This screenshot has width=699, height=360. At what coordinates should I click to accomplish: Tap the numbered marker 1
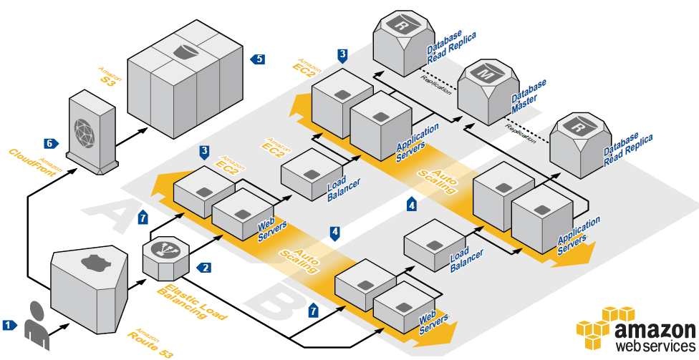click(9, 324)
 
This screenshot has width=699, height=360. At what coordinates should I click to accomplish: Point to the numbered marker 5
click(258, 59)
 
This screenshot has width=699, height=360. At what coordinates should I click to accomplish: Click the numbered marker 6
click(50, 143)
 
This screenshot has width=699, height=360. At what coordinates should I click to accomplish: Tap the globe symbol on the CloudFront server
click(88, 127)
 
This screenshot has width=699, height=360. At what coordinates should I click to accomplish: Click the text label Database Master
click(530, 96)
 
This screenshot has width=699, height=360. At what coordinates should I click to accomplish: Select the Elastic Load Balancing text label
click(191, 300)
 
